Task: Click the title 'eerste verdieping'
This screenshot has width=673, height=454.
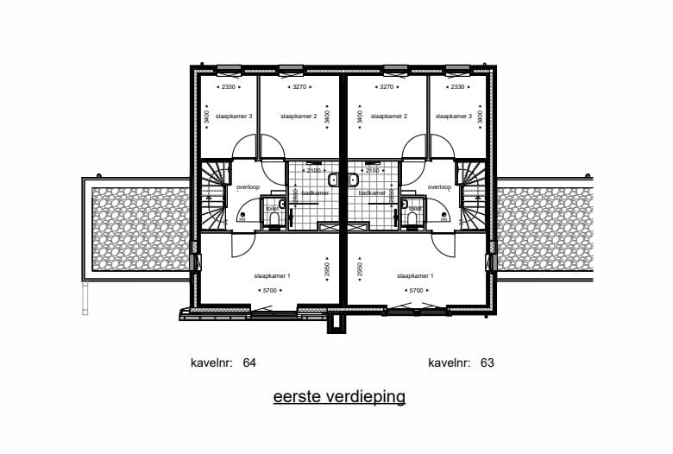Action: point(339,397)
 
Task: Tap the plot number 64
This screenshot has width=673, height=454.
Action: point(249,363)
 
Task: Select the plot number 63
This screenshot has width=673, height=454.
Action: point(487,363)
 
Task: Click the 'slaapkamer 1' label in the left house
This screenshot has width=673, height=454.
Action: point(273,276)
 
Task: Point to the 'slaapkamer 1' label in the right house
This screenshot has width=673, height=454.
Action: point(415,276)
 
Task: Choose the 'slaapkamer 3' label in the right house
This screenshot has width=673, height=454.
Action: point(453,116)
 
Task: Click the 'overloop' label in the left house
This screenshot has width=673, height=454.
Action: point(248,186)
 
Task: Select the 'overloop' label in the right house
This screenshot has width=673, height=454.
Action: point(440,186)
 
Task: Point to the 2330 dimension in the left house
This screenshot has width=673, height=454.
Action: point(229,87)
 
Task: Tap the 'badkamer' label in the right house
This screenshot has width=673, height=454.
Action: point(373,193)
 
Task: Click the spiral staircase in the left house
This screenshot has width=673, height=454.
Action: point(211,194)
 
